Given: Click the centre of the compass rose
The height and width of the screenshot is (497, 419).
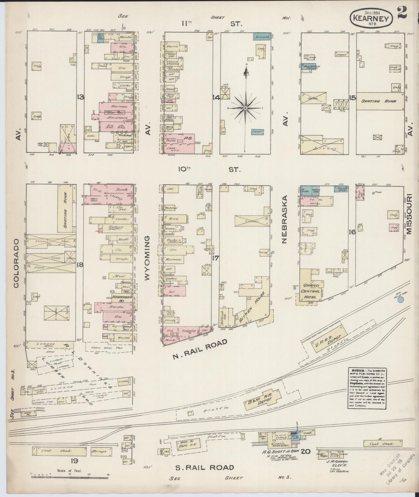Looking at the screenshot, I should [245, 108].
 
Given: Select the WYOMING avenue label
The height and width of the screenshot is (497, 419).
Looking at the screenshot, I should [147, 258].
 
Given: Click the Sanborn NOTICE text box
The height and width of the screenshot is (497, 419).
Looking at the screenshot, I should [367, 388].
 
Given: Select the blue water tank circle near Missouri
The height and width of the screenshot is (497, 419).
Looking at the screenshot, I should [401, 300].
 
